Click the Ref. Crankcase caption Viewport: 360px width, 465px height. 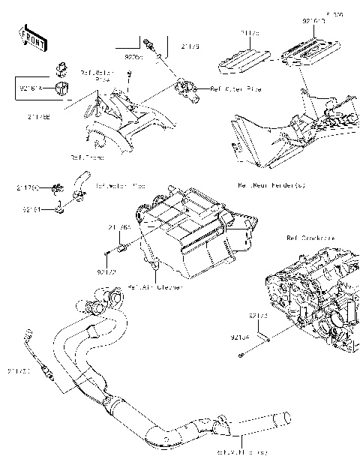click(x=310, y=238)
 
